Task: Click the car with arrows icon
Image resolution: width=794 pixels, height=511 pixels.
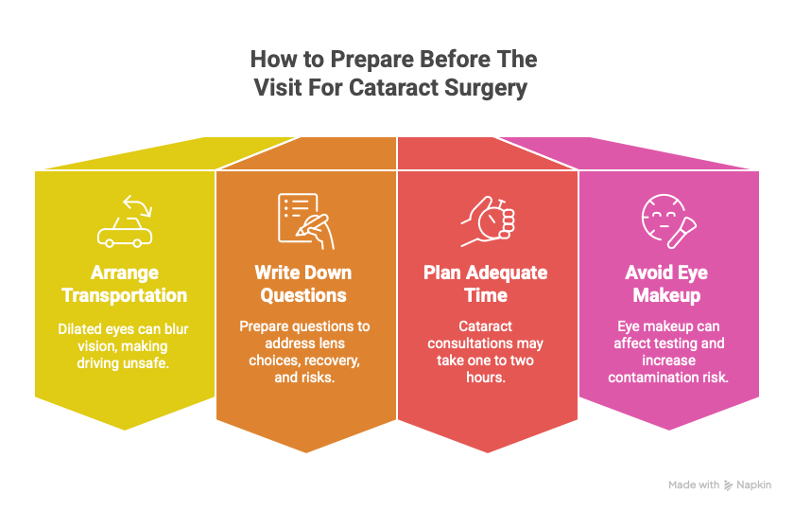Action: click(124, 222)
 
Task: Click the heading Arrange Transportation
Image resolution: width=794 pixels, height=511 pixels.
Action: click(124, 284)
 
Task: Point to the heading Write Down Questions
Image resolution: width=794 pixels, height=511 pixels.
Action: click(302, 284)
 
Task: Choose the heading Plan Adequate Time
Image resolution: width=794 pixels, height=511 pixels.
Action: click(485, 284)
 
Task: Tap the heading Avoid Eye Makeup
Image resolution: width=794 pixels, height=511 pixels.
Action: click(666, 284)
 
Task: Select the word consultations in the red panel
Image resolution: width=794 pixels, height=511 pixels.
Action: click(485, 344)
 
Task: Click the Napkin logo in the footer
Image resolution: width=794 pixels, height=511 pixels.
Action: click(748, 485)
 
